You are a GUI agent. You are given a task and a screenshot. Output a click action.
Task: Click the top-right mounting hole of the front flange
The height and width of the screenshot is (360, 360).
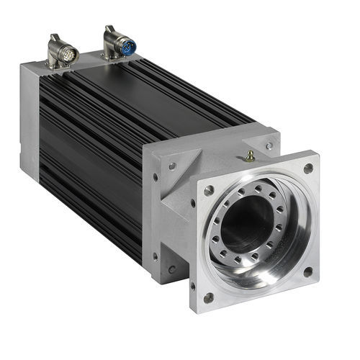point(308,168)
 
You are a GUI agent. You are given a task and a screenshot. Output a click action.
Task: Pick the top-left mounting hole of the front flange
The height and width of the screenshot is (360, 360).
point(209,191)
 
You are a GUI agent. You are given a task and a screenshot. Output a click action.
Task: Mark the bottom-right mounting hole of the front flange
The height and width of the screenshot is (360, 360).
point(307,271)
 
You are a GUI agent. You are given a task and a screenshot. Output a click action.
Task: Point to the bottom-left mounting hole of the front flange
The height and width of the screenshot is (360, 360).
point(209,296)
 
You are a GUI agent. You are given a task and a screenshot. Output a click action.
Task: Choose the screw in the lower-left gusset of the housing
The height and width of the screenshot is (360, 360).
point(171,269)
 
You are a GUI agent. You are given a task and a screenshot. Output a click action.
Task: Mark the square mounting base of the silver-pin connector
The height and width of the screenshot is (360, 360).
point(58,63)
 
